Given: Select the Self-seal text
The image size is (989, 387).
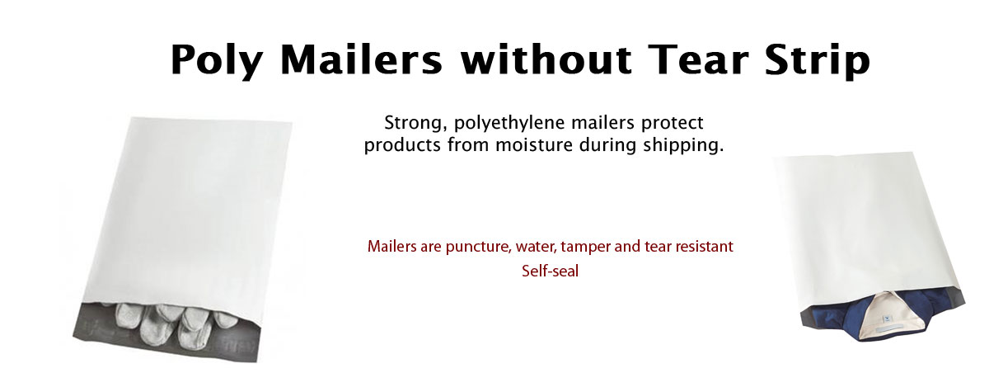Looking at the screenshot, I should pos(550,271).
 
